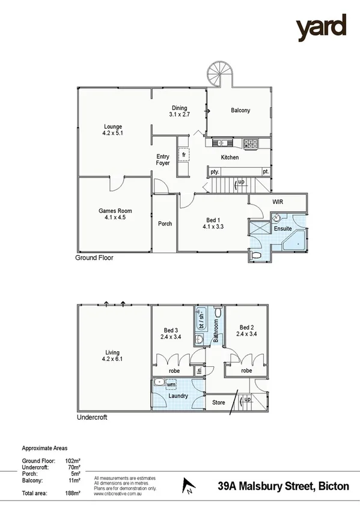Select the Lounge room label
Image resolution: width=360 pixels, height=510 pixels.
pos(112,127)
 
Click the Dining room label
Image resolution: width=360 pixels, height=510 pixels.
pos(179,108)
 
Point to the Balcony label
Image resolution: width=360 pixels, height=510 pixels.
pos(240,111)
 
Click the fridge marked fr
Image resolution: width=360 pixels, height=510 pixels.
pos(184,153)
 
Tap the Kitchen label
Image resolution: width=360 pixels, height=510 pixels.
pos(230,158)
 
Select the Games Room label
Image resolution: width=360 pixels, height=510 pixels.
pos(115,211)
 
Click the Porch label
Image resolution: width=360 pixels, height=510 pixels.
pos(165,224)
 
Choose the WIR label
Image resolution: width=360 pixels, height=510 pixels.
pos(278,201)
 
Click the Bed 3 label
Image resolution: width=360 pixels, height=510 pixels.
pos(171,330)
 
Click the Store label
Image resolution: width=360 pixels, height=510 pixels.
pos(219,402)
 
